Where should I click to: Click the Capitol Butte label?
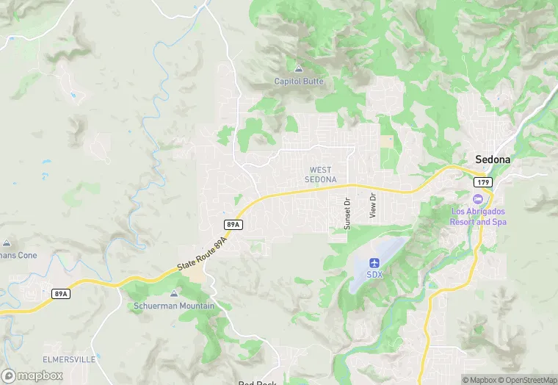pos(298,81)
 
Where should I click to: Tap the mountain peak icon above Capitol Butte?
pos(298,69)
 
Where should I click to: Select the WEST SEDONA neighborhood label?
pos(320,175)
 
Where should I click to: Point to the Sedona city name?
pos(493,159)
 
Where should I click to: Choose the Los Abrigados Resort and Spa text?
pos(479,217)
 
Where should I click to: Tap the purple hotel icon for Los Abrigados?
pos(478,199)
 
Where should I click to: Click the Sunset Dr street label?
pos(348,213)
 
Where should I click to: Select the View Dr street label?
pos(373,206)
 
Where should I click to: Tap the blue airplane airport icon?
pos(374,262)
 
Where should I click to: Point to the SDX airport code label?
pos(374,275)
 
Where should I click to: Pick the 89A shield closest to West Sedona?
pos(232,223)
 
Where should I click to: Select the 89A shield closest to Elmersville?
pos(61,294)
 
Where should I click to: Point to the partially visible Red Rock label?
pos(256,382)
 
